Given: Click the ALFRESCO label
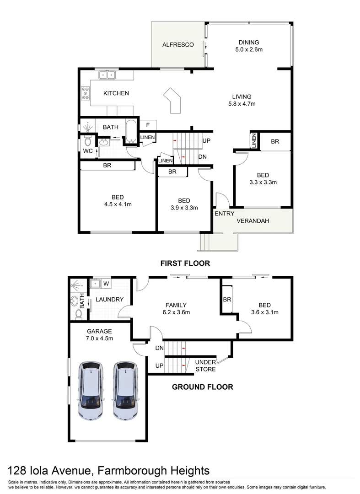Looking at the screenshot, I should point(178,45).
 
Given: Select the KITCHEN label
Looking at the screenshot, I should point(116,93).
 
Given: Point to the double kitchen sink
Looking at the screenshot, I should point(107,74).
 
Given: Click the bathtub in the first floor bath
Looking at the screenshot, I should point(131,132).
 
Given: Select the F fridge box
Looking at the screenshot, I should point(148,125).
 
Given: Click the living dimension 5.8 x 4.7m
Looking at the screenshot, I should point(242,104).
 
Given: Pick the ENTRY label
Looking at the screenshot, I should point(224,214).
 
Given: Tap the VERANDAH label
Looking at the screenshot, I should point(253,221).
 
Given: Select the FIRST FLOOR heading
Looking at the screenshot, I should point(185,263).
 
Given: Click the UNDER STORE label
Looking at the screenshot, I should point(205,365).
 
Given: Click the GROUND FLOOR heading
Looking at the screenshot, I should point(202,387).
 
